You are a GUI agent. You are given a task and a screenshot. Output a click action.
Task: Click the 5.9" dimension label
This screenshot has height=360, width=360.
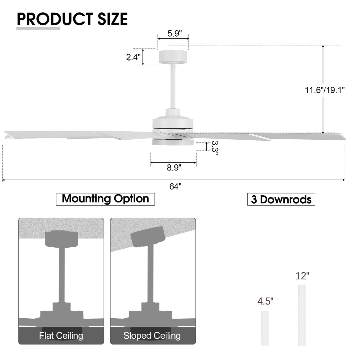pos(174,33)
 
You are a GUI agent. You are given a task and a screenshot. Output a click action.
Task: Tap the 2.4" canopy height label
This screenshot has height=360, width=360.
pos(133,57)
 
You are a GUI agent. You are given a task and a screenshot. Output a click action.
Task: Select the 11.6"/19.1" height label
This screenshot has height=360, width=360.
pos(325,90)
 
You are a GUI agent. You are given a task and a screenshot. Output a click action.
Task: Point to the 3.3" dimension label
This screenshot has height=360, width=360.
pos(215,148)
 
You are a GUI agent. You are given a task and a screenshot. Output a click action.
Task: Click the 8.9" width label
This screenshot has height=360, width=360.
pos(174,168)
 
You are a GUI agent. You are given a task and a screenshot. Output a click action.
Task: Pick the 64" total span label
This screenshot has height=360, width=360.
pos(175,186)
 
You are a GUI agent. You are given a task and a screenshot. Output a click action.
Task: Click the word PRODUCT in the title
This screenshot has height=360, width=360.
pos(55,19)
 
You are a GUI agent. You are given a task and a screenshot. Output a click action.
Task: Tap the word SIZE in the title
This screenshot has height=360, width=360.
pos(112,19)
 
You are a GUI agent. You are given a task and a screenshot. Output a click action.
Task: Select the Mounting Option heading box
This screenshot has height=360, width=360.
pos(105,199)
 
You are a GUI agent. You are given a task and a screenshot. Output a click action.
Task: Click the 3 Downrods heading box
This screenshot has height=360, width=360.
pos(281,199)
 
